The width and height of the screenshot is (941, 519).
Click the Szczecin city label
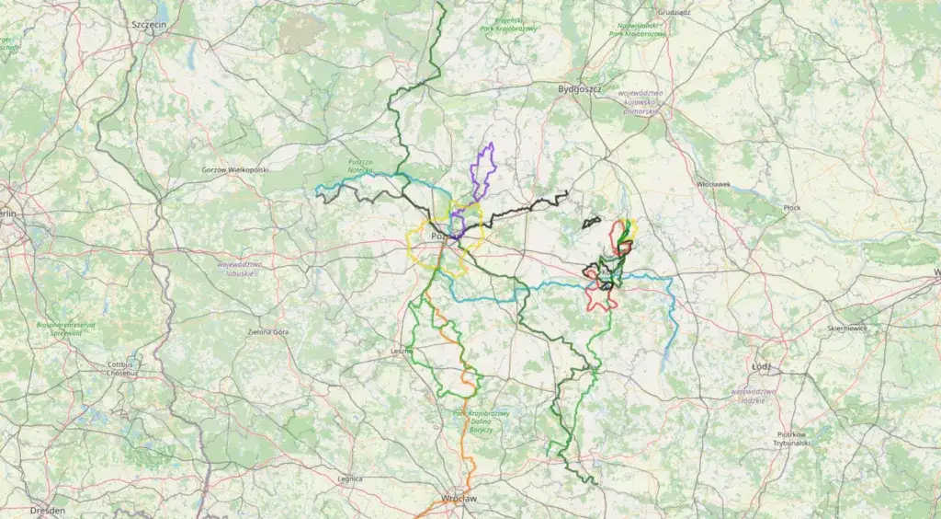tap(148, 25)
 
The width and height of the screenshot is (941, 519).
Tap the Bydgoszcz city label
tap(579, 89)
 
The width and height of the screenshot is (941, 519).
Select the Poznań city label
tap(445, 236)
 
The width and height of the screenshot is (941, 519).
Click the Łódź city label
tap(761, 366)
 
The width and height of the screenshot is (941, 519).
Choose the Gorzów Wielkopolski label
tap(234, 170)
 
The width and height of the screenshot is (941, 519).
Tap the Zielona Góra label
tap(267, 331)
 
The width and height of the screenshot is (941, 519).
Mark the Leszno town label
tap(401, 351)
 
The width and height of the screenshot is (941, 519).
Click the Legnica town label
tap(350, 479)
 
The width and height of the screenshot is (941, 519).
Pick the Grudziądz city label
tap(674, 13)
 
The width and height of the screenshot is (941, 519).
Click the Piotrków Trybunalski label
tap(790, 438)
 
